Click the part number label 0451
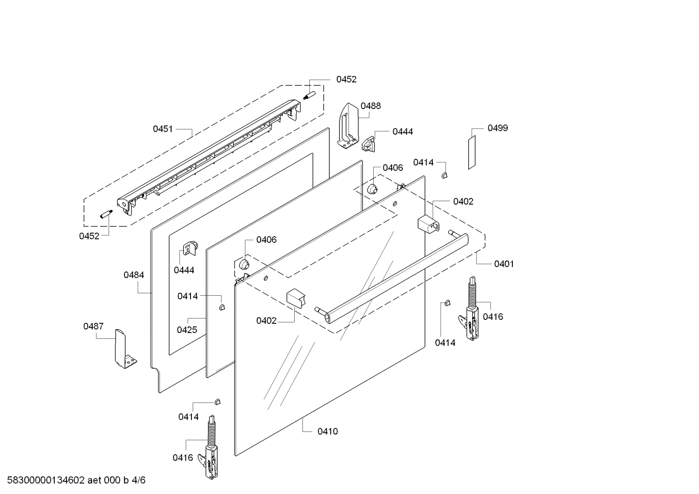point(163,129)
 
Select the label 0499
point(498,128)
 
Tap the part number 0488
point(370,106)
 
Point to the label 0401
point(504,264)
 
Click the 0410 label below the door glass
point(328,431)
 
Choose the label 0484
point(133,275)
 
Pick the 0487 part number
point(93,326)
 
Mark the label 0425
point(187,330)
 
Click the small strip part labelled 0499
point(472,152)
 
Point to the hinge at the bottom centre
point(211,448)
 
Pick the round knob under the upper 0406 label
point(373,189)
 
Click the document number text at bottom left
point(73,480)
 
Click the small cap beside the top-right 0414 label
point(445,175)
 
